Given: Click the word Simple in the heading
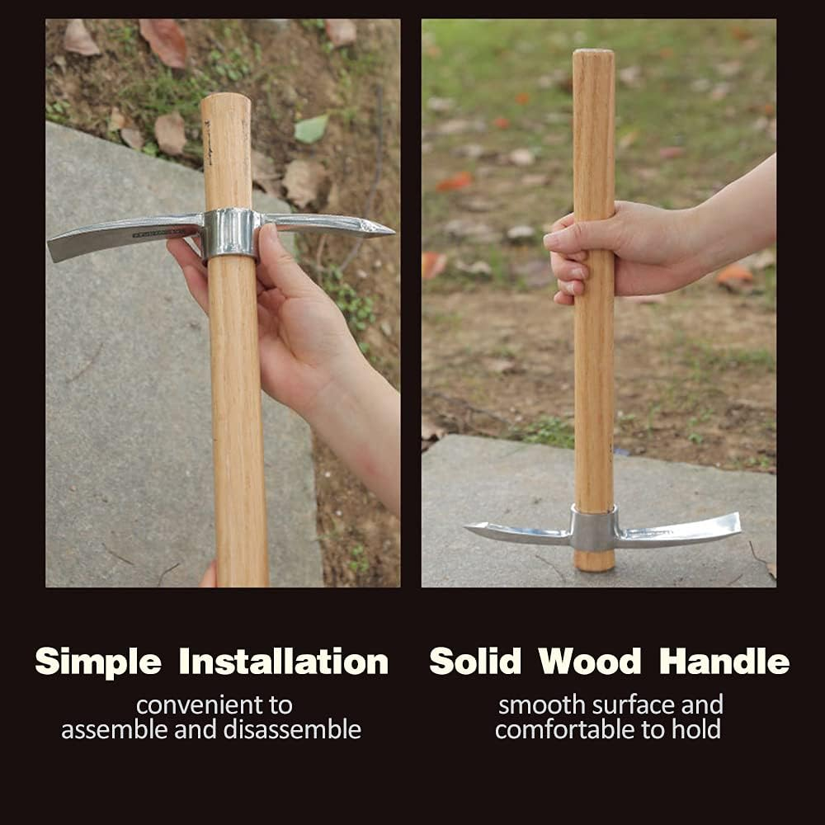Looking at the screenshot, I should pyautogui.click(x=97, y=662).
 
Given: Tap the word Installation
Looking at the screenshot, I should pyautogui.click(x=283, y=662).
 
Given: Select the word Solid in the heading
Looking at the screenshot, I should pyautogui.click(x=476, y=662).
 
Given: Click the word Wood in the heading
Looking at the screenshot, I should pyautogui.click(x=590, y=662).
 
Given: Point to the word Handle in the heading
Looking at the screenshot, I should pyautogui.click(x=724, y=662).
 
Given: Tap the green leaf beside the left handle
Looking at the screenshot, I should pyautogui.click(x=311, y=129).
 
